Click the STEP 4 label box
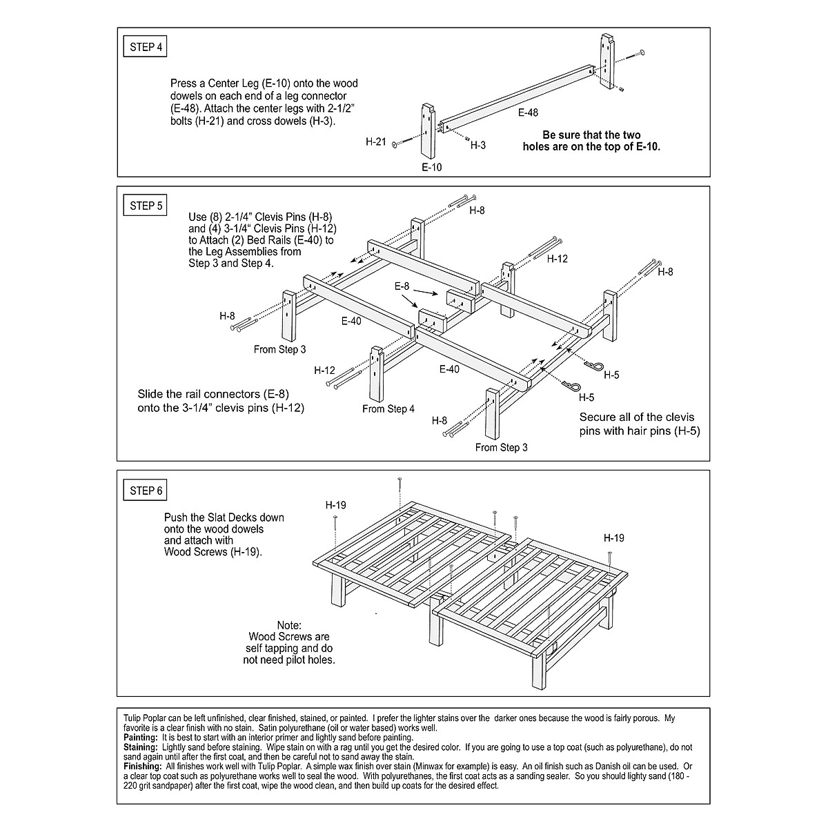(146, 48)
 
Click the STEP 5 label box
(146, 206)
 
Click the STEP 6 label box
(146, 491)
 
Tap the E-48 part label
(528, 112)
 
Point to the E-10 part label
(432, 167)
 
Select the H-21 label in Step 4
(375, 141)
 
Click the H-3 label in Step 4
(478, 146)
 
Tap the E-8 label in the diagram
(402, 286)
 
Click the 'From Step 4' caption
(388, 409)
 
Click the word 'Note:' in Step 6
(289, 625)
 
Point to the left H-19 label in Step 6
(336, 505)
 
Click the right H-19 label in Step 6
(614, 538)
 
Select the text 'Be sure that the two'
(591, 135)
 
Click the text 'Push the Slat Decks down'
(224, 517)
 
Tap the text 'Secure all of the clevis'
(637, 417)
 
